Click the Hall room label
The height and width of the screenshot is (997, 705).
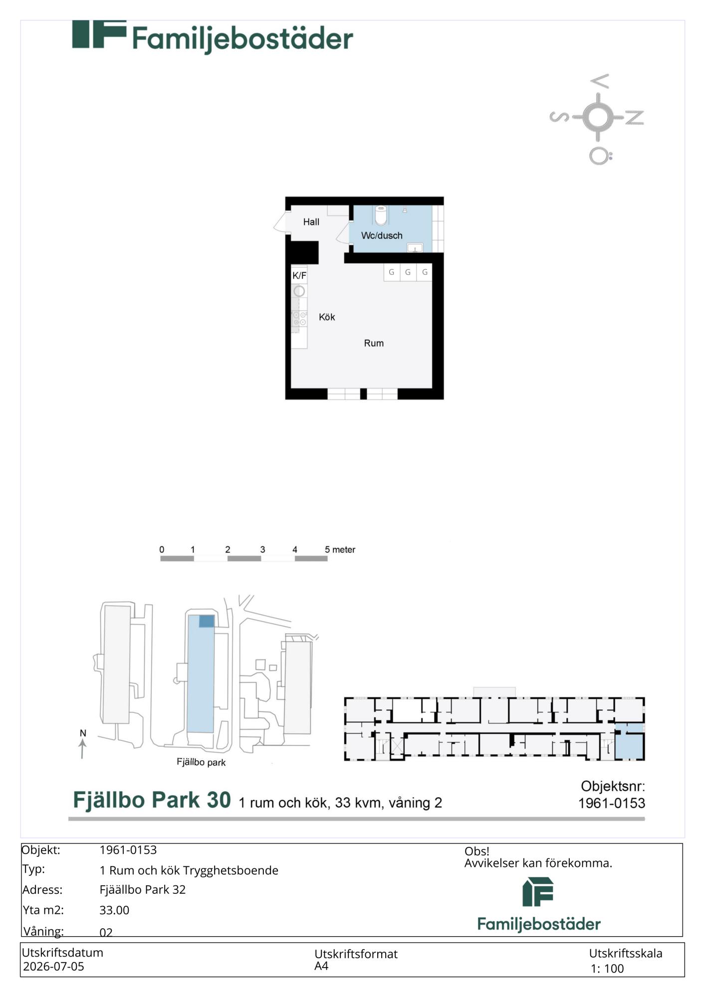[x=311, y=222]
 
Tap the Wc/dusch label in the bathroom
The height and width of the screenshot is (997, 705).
[x=382, y=235]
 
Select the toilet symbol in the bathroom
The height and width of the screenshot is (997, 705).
[x=381, y=215]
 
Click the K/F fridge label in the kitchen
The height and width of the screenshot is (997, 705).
[x=299, y=276]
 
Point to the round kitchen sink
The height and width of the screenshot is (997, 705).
[x=299, y=291]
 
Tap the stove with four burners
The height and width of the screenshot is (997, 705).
[x=299, y=319]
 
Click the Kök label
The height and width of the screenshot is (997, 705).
[x=327, y=317]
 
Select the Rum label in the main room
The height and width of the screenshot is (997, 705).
[x=374, y=343]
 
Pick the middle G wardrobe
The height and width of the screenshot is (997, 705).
[x=408, y=272]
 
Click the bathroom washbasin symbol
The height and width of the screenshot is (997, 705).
[x=415, y=247]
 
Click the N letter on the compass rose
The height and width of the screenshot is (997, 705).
[x=635, y=118]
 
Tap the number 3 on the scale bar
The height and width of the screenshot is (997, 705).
[x=262, y=549]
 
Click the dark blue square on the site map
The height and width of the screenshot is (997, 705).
[x=207, y=621]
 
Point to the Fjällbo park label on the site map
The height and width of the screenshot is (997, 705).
[x=201, y=762]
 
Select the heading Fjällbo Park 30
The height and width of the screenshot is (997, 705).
[x=152, y=800]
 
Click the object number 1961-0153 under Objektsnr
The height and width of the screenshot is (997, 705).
[x=611, y=803]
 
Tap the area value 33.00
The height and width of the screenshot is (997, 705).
[x=114, y=910]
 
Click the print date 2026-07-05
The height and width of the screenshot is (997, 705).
[x=53, y=966]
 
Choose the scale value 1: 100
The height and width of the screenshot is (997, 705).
[x=607, y=969]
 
